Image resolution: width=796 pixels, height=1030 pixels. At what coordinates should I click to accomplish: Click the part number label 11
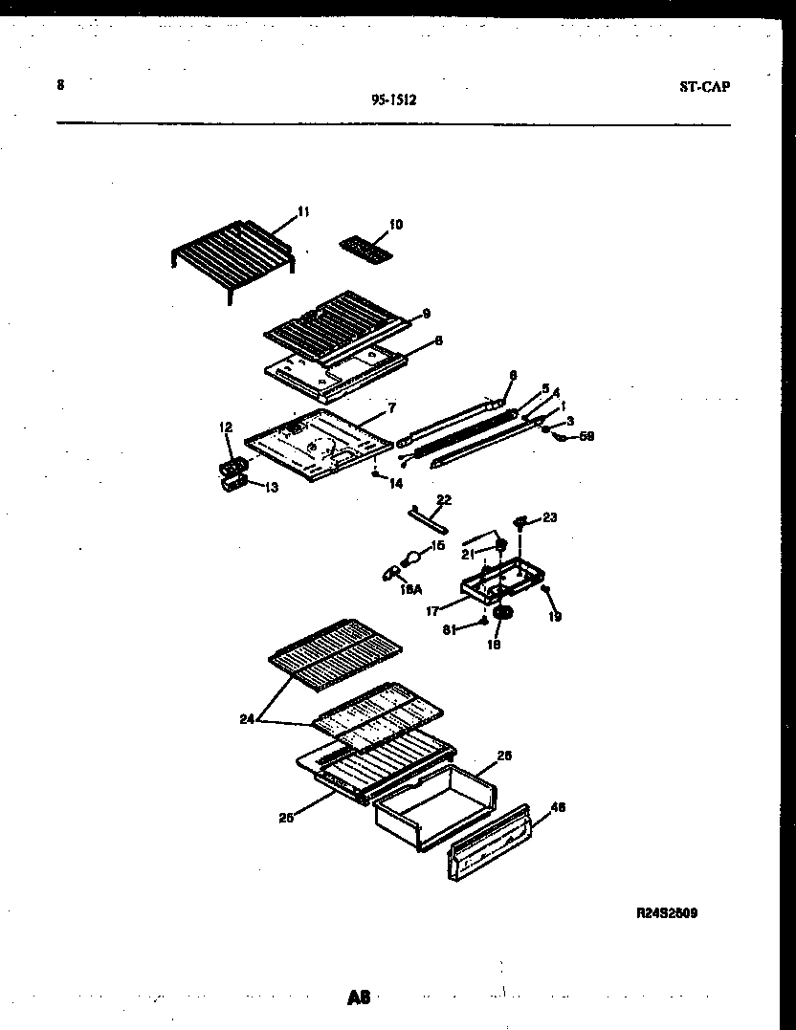tap(303, 211)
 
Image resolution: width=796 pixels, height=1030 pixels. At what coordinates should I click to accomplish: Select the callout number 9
tap(427, 313)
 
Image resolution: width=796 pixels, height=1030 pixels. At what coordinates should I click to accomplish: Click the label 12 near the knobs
tap(226, 427)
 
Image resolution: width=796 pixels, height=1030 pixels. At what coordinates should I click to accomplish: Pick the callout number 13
tap(272, 488)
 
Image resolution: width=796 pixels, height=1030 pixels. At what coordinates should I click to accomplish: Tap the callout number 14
tap(396, 484)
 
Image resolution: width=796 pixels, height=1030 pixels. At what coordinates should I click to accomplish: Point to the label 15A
tap(410, 590)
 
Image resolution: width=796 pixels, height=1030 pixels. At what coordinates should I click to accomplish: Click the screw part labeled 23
tap(521, 522)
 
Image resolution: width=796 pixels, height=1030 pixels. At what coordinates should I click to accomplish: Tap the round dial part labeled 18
tap(502, 613)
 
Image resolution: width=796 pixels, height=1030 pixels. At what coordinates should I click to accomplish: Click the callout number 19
tap(555, 617)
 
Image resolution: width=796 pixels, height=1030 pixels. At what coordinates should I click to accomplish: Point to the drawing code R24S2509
tap(667, 913)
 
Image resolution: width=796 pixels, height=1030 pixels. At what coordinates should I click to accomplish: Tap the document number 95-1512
tap(392, 97)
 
